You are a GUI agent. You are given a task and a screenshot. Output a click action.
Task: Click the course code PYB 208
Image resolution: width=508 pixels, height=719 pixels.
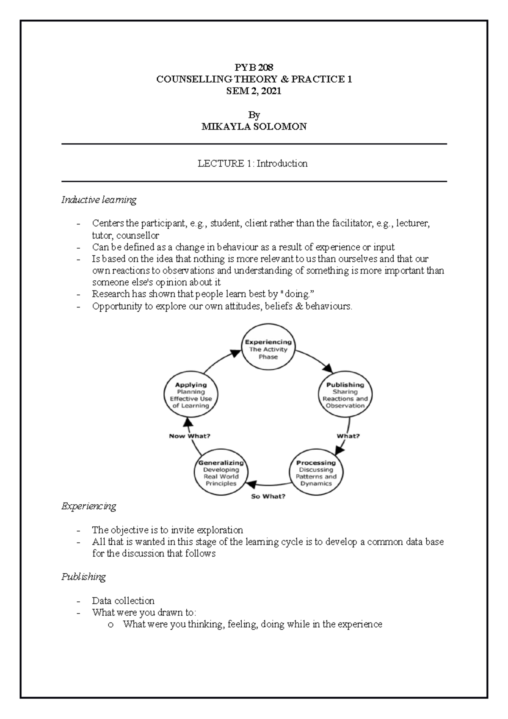click(254, 67)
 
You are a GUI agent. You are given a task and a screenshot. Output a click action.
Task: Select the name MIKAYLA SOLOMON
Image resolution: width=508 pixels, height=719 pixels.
click(254, 126)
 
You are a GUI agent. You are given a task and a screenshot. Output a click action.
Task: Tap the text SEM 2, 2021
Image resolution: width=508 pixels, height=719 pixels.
click(254, 91)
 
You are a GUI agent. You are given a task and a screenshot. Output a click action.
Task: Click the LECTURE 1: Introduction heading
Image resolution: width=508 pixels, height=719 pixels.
click(253, 163)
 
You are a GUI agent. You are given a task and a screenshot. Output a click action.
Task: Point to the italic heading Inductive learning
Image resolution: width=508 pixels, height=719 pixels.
click(99, 199)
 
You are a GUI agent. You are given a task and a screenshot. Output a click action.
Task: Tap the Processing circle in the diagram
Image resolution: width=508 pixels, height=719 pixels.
click(316, 473)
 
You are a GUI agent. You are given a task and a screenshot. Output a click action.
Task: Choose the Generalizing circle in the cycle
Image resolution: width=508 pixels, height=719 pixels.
click(221, 473)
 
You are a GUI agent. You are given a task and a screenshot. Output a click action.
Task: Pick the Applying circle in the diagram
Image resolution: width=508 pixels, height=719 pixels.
click(191, 395)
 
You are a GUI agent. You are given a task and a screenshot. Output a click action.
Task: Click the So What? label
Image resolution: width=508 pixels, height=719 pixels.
click(268, 496)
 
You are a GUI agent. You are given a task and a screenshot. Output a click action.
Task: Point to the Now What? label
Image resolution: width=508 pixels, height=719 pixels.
click(190, 436)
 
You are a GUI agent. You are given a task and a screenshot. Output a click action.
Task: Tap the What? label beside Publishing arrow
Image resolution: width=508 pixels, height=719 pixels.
click(348, 436)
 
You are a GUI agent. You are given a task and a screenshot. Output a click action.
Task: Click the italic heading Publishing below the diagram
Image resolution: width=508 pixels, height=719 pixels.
click(83, 577)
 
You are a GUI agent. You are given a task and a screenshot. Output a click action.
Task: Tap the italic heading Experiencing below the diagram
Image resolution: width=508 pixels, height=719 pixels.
click(88, 506)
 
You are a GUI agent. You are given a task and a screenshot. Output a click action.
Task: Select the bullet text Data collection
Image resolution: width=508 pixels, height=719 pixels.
click(123, 601)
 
